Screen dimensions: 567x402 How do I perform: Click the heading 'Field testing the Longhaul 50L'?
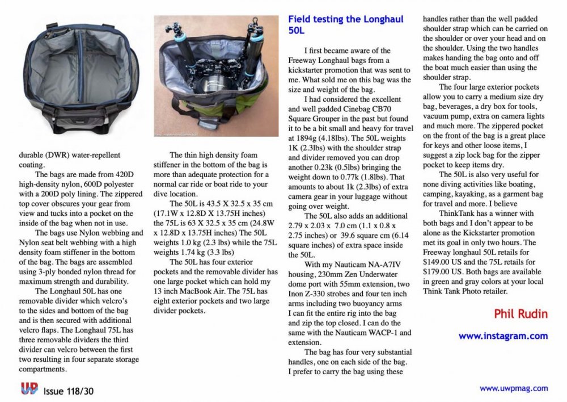pyautogui.click(x=346, y=24)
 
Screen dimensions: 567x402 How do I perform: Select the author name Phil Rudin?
pyautogui.click(x=521, y=313)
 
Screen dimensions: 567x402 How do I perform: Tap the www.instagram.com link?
pyautogui.click(x=503, y=336)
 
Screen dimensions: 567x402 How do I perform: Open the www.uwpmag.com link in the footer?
pyautogui.click(x=514, y=388)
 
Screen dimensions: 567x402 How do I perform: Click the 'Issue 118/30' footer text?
pyautogui.click(x=69, y=391)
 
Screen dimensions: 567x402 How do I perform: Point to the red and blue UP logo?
pyautogui.click(x=29, y=388)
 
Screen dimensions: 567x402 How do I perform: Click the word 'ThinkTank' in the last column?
pyautogui.click(x=457, y=213)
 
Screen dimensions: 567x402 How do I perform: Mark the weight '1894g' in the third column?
pyautogui.click(x=305, y=138)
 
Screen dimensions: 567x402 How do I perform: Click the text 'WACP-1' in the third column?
pyautogui.click(x=383, y=333)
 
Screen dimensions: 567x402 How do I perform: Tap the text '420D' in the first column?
pyautogui.click(x=125, y=174)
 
